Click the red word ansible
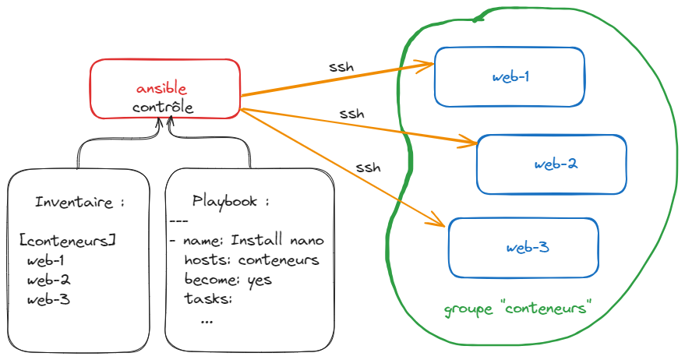coord(162,88)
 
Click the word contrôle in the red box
coord(162,107)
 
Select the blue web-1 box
coord(510,77)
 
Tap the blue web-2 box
coord(551,164)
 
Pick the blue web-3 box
coord(523,248)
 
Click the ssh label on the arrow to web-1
coord(341,67)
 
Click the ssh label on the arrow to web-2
coord(351,114)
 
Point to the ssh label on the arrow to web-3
coord(368,167)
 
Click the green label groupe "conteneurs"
coord(515,309)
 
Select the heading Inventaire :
coord(79,202)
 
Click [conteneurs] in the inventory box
coord(68,240)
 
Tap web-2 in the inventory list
coord(48,280)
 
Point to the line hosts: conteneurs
coord(251,259)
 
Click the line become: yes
coord(228,279)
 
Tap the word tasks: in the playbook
coord(209,298)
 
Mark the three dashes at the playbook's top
coord(179,221)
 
